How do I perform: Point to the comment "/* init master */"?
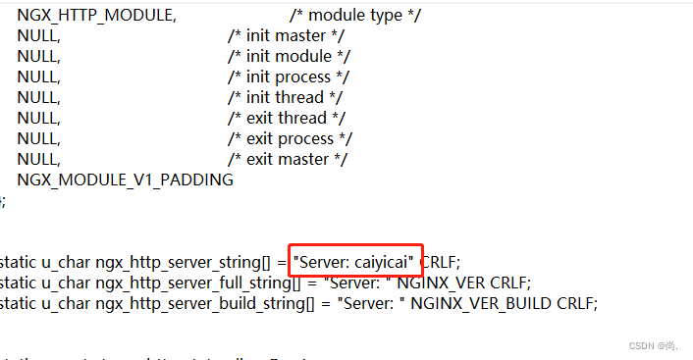click(282, 35)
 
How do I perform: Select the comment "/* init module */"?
click(289, 56)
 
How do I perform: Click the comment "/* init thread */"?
click(284, 97)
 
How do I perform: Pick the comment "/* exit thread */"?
click(284, 118)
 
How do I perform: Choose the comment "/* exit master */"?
click(287, 159)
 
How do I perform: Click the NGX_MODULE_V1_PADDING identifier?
click(125, 180)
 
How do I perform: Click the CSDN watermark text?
click(655, 346)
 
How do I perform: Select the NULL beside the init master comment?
click(38, 35)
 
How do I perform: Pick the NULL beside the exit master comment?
click(38, 159)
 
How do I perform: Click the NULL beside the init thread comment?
click(38, 97)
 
